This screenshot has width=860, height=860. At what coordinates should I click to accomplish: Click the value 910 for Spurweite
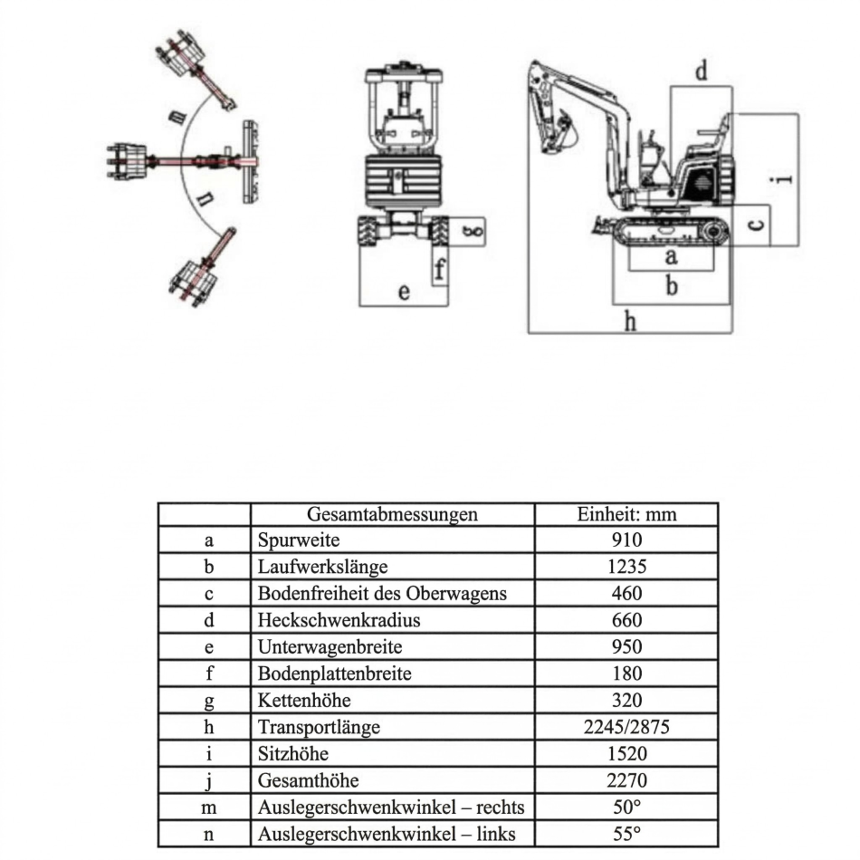pos(626,540)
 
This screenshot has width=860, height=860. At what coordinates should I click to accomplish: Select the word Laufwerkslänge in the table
pos(322,568)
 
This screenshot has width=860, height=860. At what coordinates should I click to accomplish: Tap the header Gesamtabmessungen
pos(392,514)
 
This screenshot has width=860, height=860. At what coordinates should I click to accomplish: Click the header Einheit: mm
pos(626,514)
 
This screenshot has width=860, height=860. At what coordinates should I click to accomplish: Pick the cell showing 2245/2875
pos(626,727)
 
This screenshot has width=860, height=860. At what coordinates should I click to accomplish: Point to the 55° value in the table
pos(626,834)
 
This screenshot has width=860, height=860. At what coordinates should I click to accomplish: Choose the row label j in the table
pos(208,780)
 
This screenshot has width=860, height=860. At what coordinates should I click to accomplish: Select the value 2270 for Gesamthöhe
pos(626,780)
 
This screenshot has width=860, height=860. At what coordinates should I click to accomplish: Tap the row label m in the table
pos(208,807)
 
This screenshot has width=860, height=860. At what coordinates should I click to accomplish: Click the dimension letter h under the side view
pos(631,320)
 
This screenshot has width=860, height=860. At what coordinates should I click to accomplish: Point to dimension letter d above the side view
pos(701,71)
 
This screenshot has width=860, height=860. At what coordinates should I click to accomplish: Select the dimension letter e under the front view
pos(404,292)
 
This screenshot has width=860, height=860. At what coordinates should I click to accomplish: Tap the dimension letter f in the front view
pos(439,269)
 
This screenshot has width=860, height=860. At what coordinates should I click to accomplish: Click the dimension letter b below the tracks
pos(671,286)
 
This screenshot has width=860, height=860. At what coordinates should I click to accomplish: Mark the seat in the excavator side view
pos(711,136)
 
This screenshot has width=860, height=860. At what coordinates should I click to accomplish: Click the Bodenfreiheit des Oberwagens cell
pos(381,594)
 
